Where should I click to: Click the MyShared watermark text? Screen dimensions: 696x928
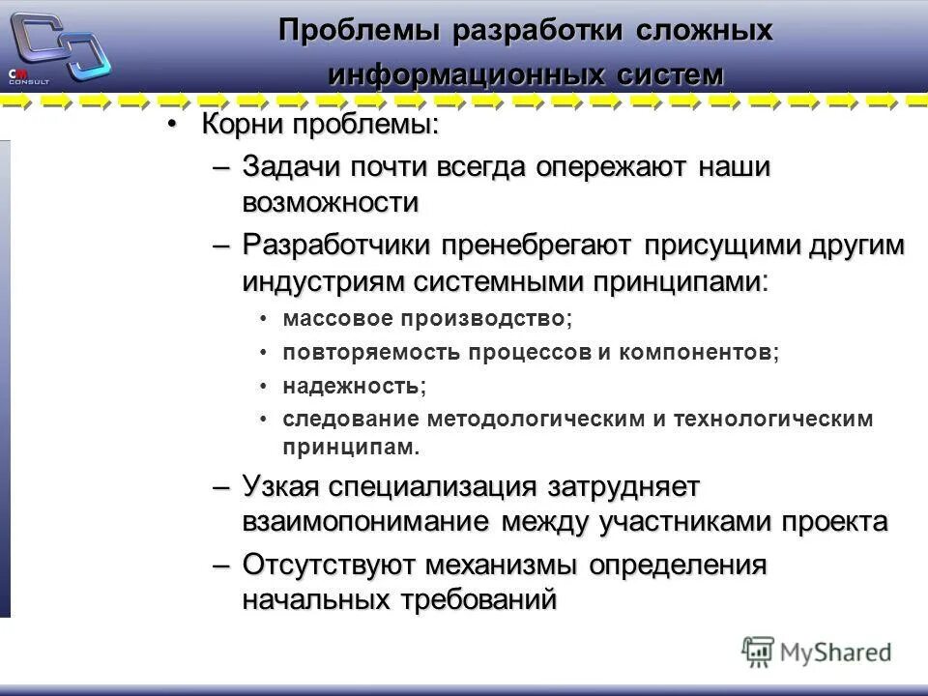[835, 652]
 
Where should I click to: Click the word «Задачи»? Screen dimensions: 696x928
[287, 167]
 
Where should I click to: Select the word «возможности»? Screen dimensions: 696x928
[331, 204]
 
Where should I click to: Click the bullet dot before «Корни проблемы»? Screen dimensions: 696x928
[172, 126]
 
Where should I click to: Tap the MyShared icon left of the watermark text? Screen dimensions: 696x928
[758, 651]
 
